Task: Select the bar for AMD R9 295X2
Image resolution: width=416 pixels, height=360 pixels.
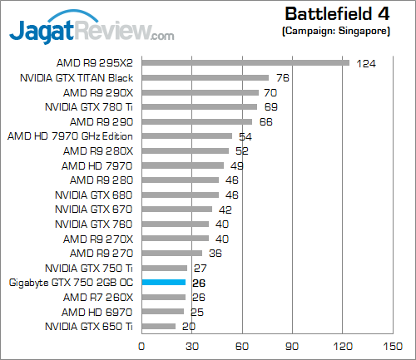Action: click(245, 62)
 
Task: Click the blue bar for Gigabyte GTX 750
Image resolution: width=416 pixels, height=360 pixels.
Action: click(164, 283)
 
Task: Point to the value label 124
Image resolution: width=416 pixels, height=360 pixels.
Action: click(366, 63)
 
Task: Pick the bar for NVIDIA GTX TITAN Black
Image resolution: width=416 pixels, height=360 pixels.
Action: click(206, 77)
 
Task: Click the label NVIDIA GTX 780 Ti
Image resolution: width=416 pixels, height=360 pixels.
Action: click(89, 106)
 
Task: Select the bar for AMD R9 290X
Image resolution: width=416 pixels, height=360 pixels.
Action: click(200, 92)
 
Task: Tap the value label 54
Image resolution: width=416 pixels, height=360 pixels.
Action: click(245, 136)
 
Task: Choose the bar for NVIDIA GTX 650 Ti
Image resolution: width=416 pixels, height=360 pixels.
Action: click(159, 327)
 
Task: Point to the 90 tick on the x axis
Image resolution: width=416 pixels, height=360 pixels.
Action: click(291, 346)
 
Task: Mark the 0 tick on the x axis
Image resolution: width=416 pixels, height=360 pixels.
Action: click(142, 346)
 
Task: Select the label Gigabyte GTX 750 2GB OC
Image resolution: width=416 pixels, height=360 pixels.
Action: click(71, 283)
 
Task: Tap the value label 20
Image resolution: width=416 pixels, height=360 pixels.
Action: click(189, 328)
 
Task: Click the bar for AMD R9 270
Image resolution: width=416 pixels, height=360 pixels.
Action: click(172, 254)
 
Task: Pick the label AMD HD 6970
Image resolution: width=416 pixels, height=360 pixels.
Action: click(98, 312)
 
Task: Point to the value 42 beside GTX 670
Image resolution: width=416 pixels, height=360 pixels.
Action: click(225, 210)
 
